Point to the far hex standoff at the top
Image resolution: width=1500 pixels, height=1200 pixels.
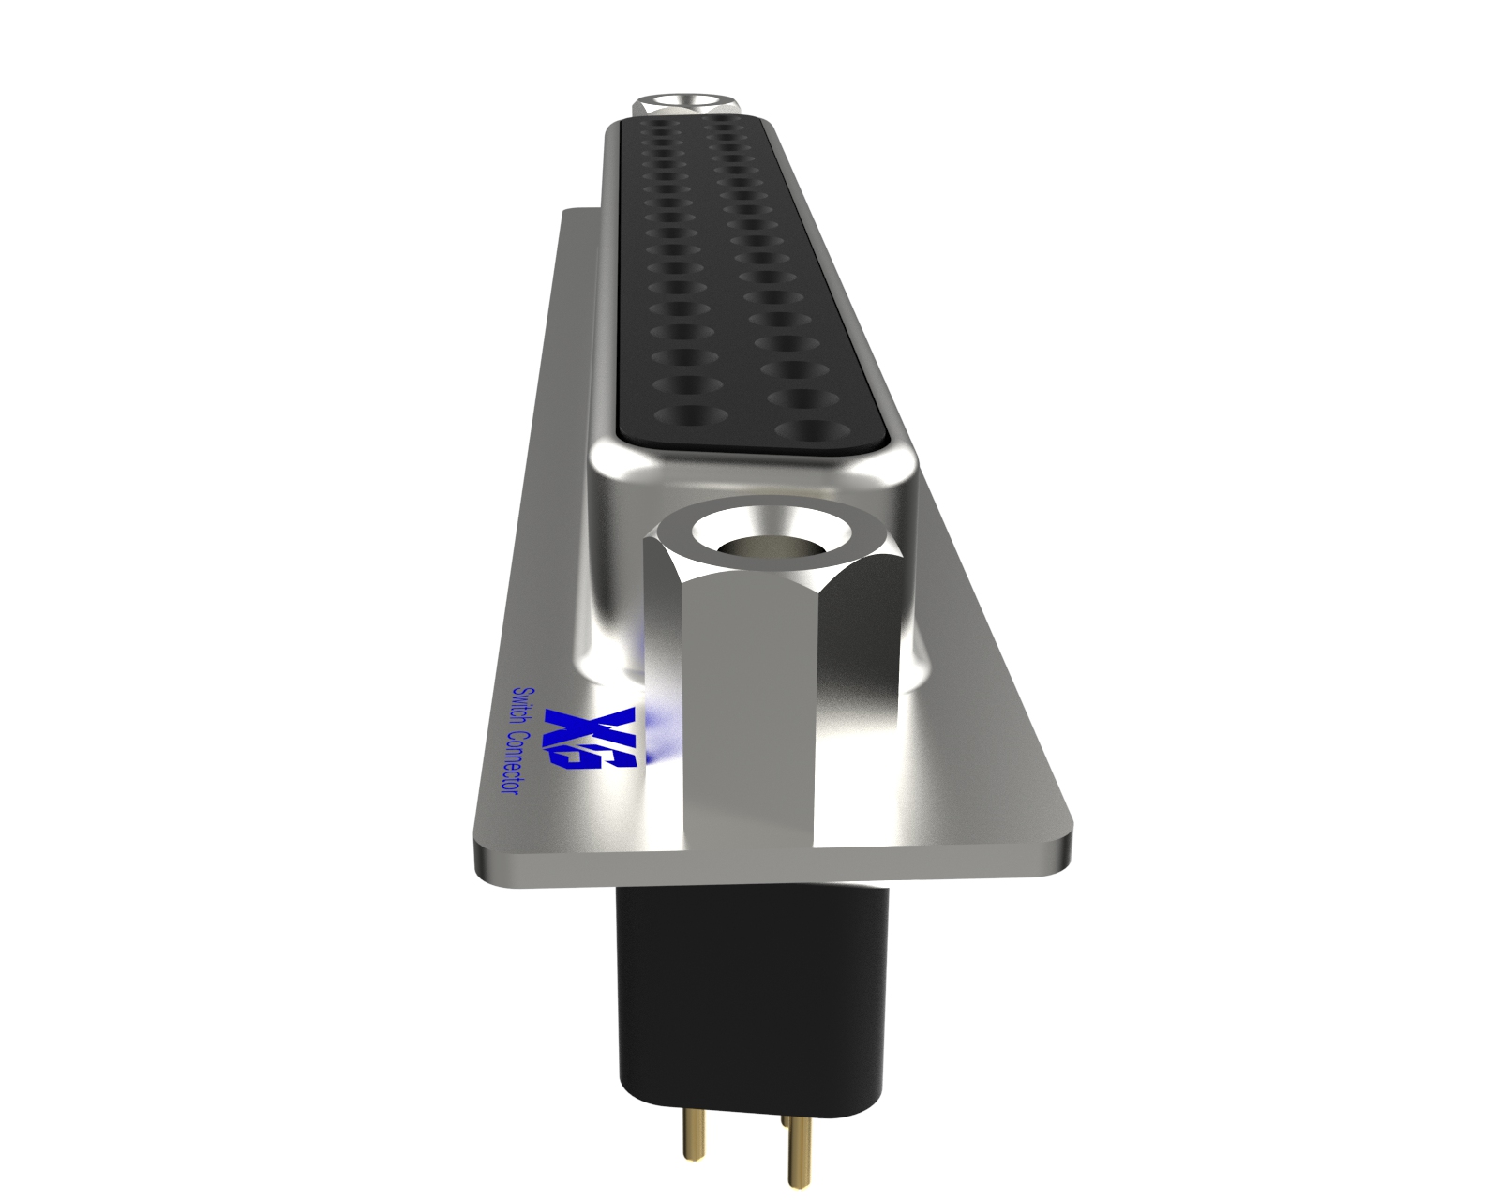click(686, 105)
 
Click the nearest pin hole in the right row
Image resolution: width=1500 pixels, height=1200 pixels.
click(812, 429)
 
